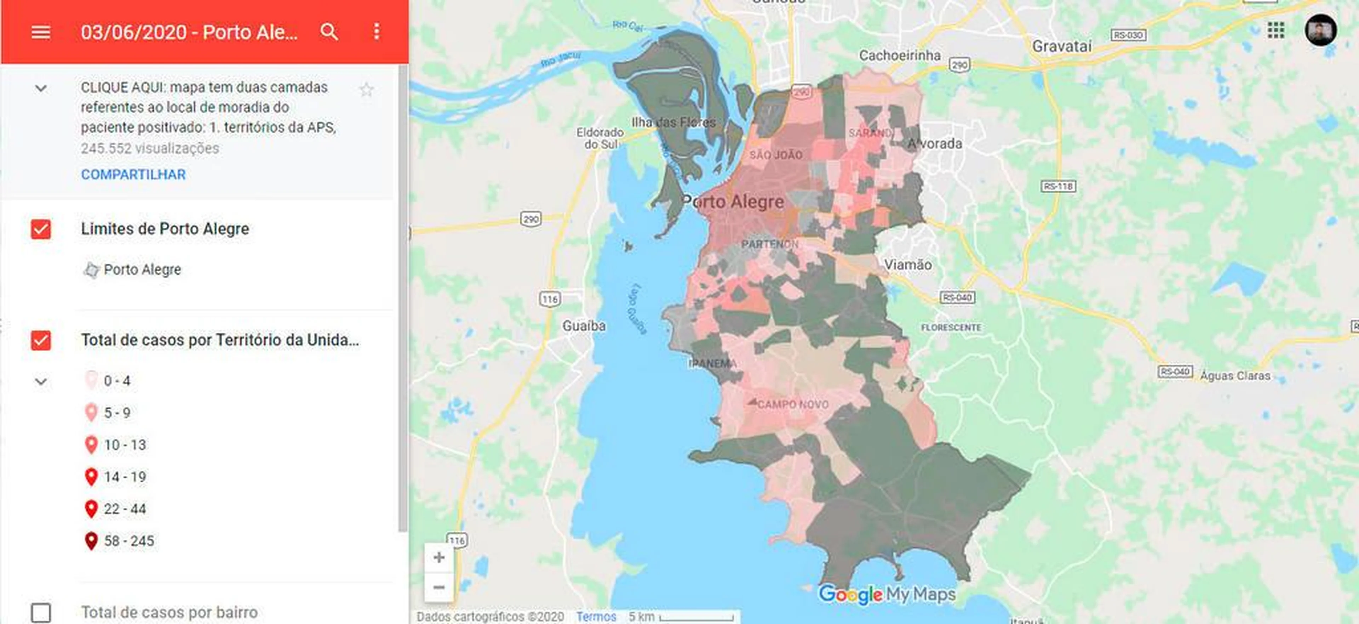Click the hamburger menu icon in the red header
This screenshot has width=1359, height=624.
coord(41,32)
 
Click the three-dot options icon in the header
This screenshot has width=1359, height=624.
coord(376,32)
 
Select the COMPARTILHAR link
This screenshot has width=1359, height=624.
coord(133,174)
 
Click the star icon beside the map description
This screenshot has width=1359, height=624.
coord(367,90)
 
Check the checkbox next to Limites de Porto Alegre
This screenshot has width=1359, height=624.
coord(41,229)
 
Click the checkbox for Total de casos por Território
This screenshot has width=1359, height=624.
coord(41,340)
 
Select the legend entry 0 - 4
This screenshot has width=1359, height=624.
coord(116,381)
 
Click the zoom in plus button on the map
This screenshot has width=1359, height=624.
coord(438,557)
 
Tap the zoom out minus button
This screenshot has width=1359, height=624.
coord(438,587)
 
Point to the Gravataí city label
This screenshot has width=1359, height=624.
coord(1061,46)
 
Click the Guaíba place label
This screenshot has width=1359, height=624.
coord(584,326)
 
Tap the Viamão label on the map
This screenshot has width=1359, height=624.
coord(907,265)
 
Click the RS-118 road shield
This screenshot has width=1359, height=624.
coord(1058,186)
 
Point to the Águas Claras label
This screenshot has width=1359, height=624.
coord(1235,376)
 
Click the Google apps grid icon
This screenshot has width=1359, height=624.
coord(1275,30)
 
